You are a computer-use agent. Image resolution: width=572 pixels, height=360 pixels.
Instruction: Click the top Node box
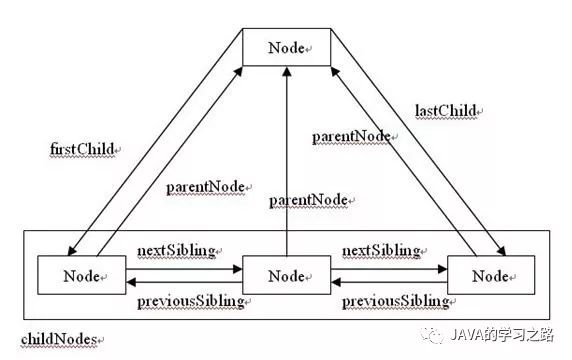(x=288, y=48)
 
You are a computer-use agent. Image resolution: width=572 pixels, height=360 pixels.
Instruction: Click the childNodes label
(x=61, y=340)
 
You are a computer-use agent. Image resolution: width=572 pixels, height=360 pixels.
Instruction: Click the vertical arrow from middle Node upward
(x=288, y=160)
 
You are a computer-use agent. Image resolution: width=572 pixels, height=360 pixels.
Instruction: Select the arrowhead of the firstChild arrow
(x=79, y=250)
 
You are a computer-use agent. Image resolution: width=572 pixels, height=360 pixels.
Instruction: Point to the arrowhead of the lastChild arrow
(x=498, y=250)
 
